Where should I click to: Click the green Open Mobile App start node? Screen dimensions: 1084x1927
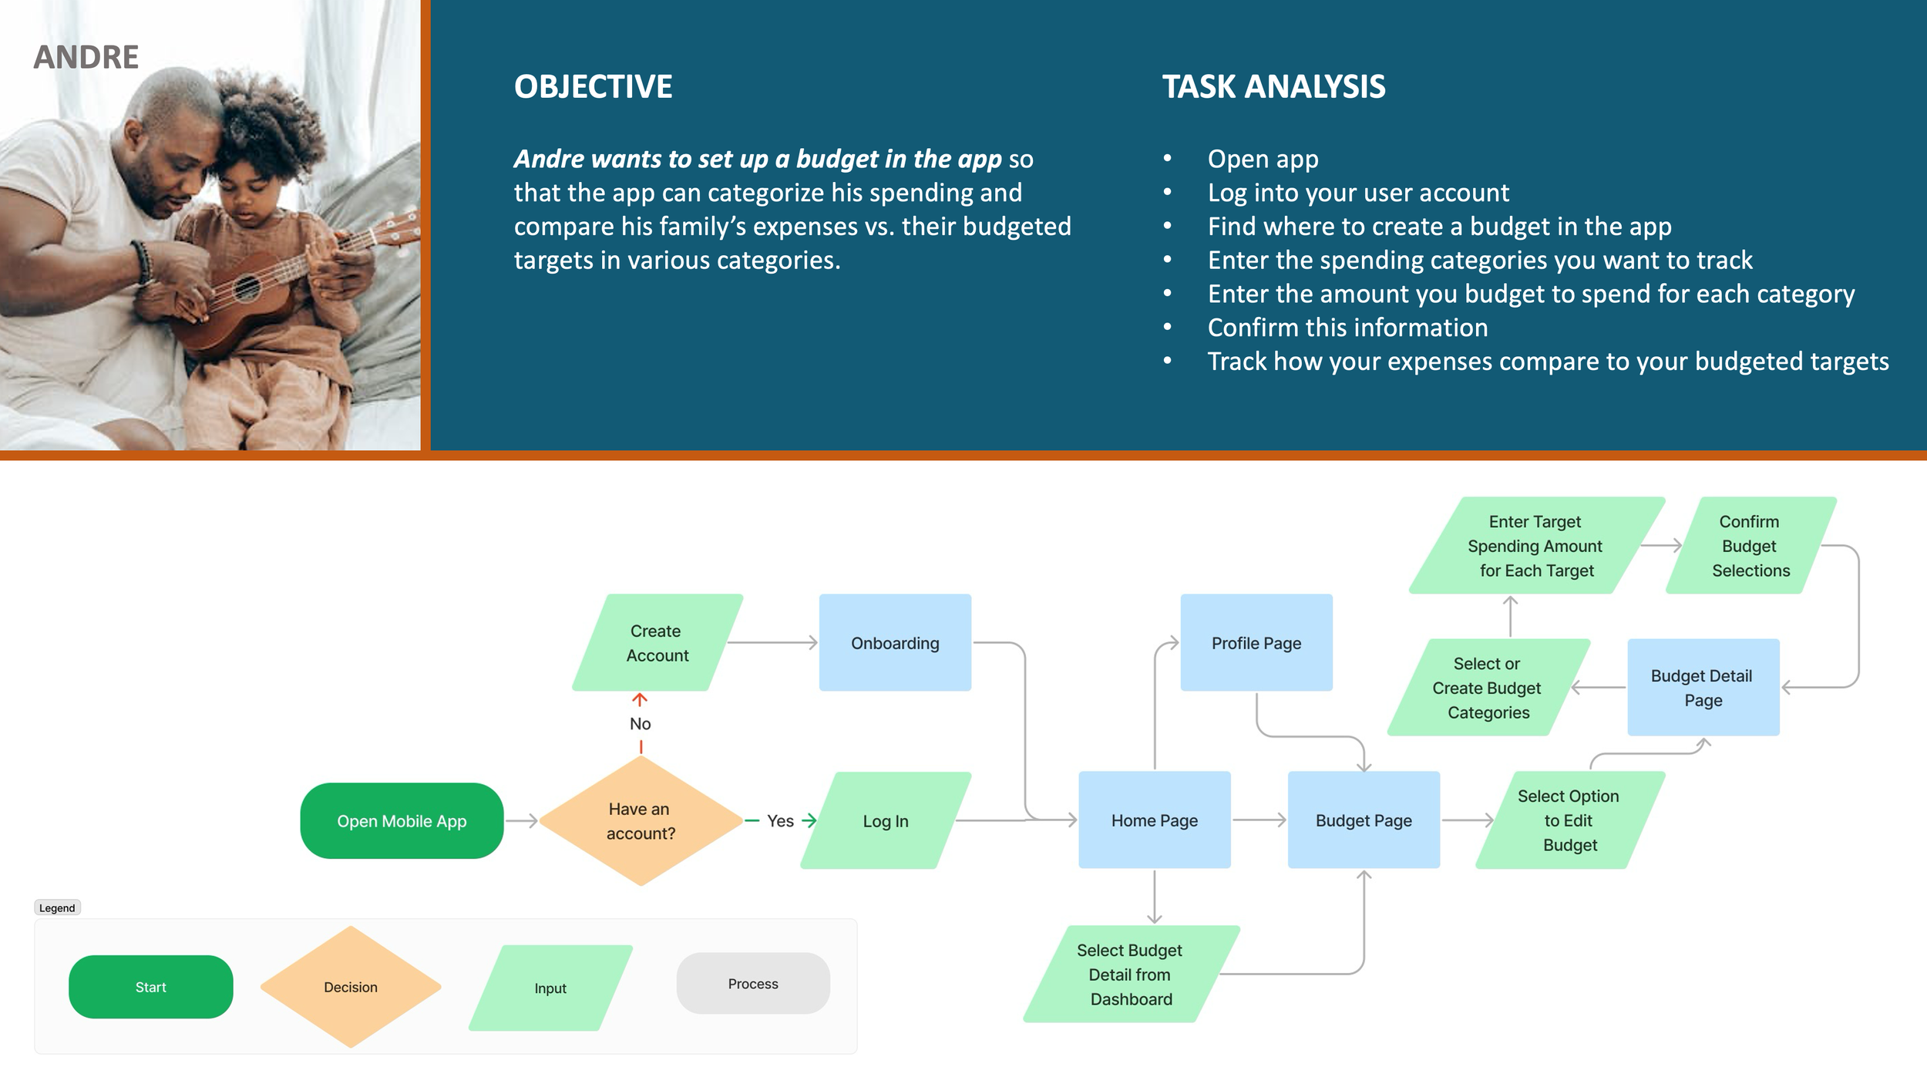[402, 821]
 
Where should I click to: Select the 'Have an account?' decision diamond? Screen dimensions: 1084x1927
[641, 821]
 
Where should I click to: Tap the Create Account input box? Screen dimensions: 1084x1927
[657, 643]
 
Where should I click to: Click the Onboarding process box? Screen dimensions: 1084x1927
[895, 643]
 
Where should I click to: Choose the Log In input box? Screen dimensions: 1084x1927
[886, 821]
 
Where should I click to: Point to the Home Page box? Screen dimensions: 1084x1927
[1154, 820]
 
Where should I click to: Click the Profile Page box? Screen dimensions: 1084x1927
[1256, 643]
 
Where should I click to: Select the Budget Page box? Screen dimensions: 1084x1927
[1364, 820]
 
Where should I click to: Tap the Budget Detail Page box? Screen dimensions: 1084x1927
[1703, 688]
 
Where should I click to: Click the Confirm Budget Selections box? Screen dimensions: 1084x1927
[1750, 546]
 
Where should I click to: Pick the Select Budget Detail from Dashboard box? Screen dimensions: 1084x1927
[1131, 975]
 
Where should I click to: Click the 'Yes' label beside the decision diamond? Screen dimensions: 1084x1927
[780, 821]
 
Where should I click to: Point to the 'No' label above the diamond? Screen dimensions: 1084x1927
[640, 724]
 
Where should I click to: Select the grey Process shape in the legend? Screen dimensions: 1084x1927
[753, 984]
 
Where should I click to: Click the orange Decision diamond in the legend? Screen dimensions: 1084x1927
[351, 988]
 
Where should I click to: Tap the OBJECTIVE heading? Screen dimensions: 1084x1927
[593, 86]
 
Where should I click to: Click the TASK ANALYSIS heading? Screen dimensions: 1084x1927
[1273, 86]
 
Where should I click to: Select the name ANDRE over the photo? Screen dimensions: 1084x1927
[86, 57]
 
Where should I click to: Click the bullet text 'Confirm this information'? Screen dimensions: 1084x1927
[1347, 328]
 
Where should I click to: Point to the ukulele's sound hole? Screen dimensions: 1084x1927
[247, 289]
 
